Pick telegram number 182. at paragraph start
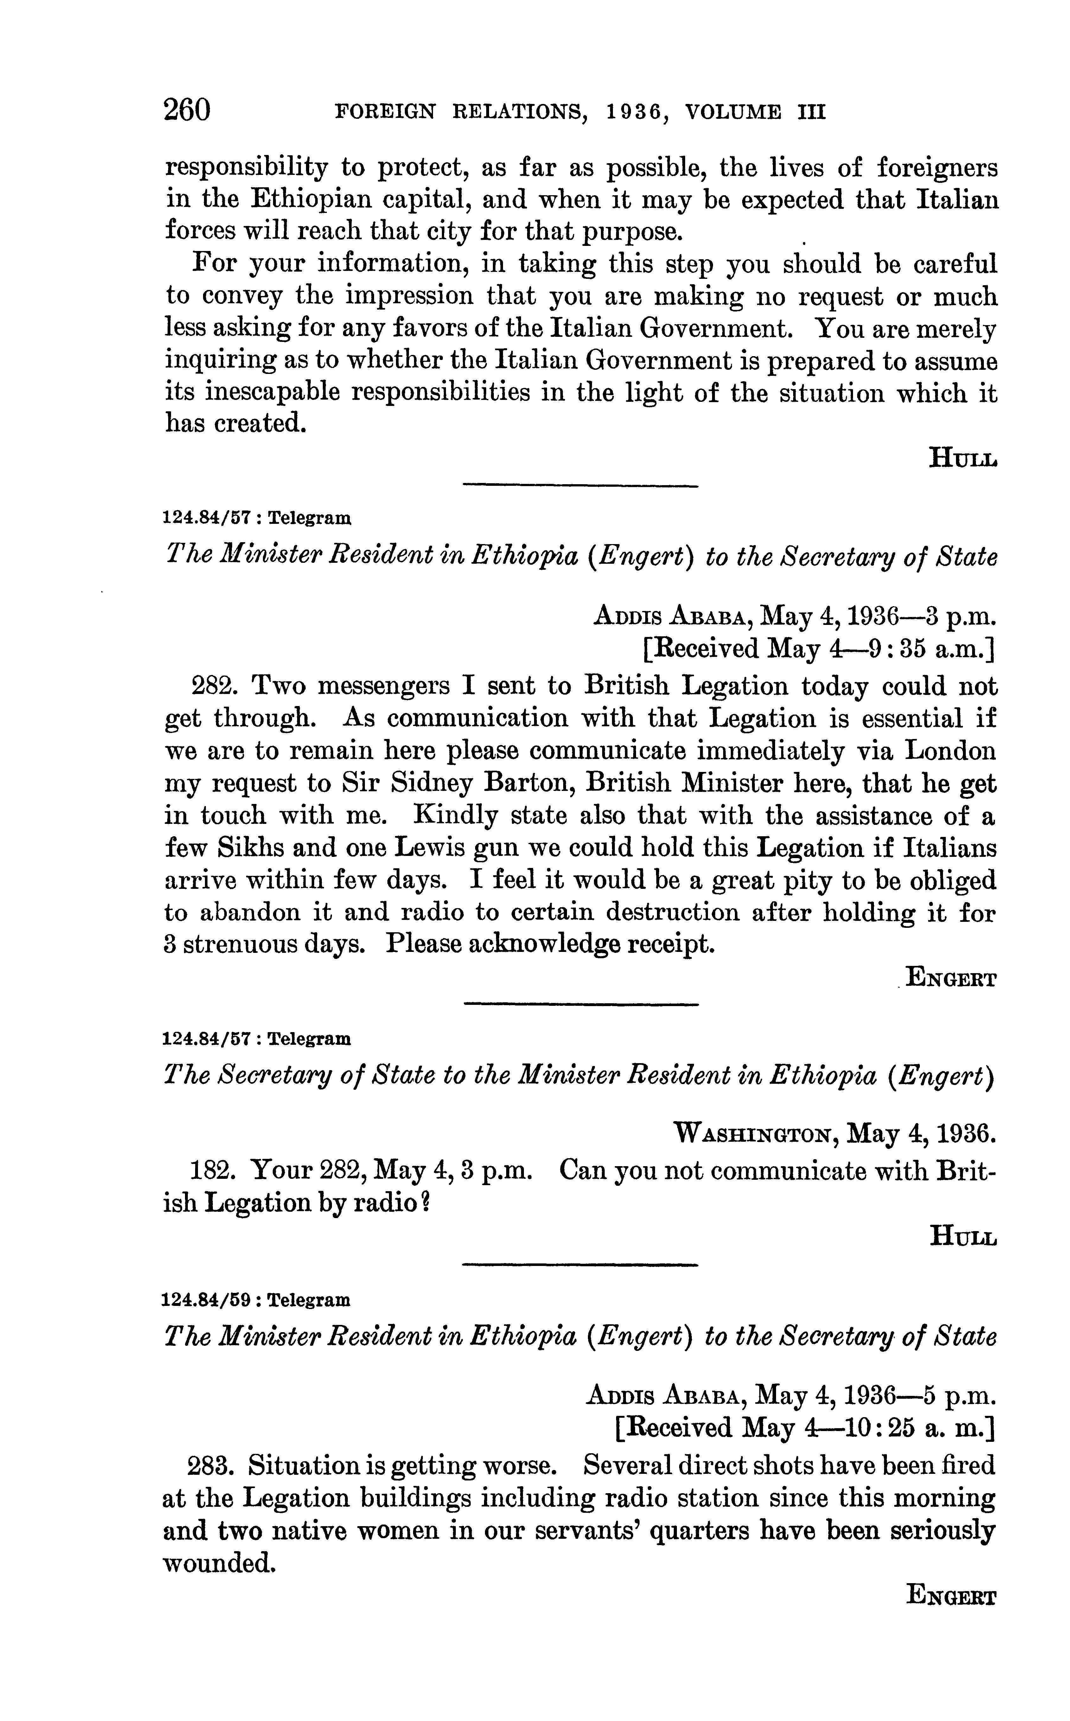coord(213,1170)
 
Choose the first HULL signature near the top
coord(962,459)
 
